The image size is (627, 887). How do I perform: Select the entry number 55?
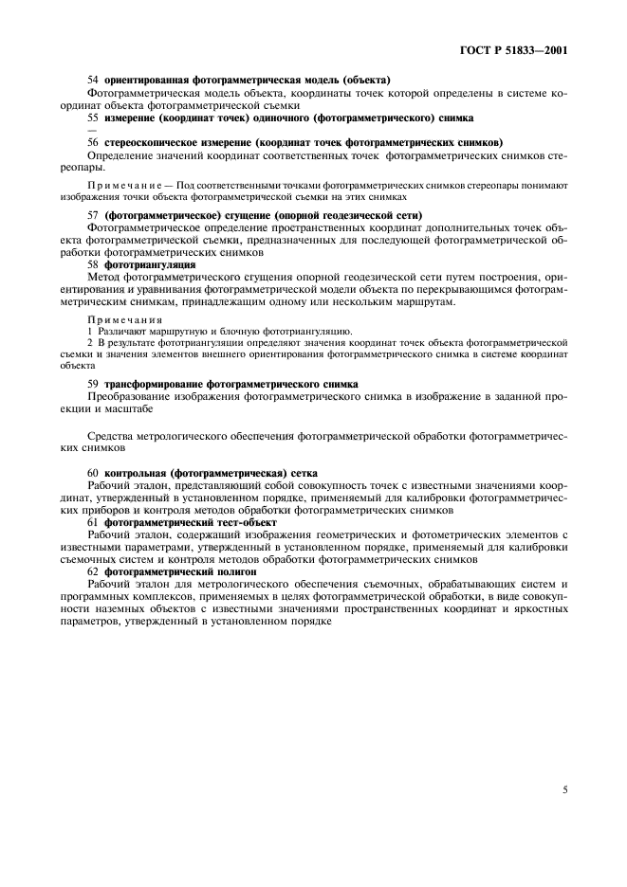click(93, 118)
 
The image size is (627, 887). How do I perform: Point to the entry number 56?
click(93, 141)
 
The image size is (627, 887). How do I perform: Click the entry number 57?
click(93, 216)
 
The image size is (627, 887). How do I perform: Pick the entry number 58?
click(93, 265)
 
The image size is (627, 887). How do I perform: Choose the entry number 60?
click(93, 471)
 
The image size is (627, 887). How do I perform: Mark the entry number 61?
click(93, 521)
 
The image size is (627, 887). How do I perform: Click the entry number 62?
click(93, 571)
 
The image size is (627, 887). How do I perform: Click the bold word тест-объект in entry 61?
click(248, 521)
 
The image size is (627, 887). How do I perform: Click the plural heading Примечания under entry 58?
click(125, 318)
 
